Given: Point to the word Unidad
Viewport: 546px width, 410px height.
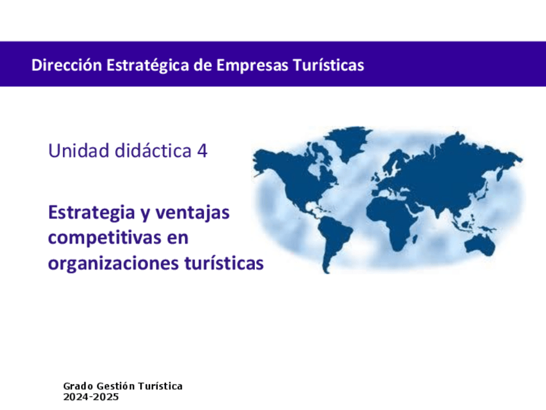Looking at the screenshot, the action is coord(79,151).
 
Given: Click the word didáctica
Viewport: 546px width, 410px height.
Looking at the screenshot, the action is coord(153,151).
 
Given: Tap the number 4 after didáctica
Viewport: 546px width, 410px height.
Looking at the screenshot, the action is coord(202,151).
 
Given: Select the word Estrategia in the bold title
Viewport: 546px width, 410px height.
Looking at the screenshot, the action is coord(91,213).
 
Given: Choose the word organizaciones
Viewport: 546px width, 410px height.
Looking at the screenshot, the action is coord(113,264).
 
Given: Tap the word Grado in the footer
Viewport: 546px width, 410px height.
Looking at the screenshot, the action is coord(78,386).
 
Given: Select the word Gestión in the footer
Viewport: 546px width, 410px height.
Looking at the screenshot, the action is coord(116,386).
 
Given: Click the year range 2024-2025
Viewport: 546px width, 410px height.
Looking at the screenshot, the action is coord(91,397).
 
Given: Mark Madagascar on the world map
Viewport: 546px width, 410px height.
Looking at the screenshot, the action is coord(415,239).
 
